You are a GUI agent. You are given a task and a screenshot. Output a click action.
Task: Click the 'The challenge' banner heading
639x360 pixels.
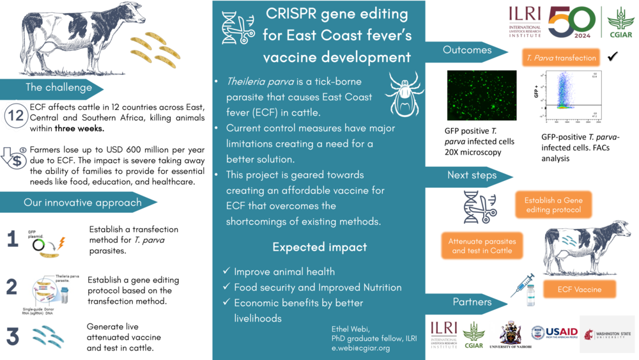59,88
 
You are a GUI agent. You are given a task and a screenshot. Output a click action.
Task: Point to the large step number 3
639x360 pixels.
13,336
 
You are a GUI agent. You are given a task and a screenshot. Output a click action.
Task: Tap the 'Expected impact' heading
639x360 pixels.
319,247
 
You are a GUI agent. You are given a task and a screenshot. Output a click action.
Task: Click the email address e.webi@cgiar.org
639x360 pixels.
360,348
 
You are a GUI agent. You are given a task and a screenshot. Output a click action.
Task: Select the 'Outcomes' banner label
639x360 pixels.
467,50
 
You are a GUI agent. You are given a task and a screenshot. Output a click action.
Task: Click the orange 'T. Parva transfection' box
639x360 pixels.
561,58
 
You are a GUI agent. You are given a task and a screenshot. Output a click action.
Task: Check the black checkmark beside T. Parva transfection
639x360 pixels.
613,57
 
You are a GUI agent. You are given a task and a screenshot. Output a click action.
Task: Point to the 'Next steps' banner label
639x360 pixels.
472,175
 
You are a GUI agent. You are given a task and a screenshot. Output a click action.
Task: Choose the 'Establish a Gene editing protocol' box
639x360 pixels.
553,205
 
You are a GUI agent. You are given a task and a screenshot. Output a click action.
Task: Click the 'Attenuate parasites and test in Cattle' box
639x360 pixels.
482,246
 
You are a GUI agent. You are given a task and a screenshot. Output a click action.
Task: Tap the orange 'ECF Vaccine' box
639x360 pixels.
579,289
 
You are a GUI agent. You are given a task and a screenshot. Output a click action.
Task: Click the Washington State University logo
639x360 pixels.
607,334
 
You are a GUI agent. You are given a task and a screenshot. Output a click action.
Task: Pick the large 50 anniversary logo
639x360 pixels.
571,22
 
